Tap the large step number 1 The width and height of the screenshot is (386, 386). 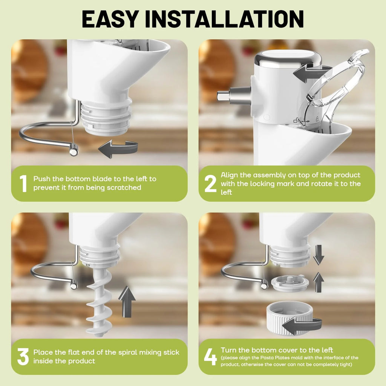pyautogui.click(x=23, y=184)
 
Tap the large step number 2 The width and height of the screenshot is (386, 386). pyautogui.click(x=210, y=184)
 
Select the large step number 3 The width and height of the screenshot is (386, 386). pyautogui.click(x=23, y=357)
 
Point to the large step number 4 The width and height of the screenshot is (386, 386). pyautogui.click(x=210, y=357)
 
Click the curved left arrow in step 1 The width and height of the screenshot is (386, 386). pyautogui.click(x=118, y=149)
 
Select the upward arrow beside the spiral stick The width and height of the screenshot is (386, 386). pyautogui.click(x=127, y=302)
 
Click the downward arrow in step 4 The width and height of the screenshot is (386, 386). pyautogui.click(x=319, y=255)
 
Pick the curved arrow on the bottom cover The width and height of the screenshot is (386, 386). pyautogui.click(x=302, y=325)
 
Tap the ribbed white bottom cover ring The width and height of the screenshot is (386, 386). pyautogui.click(x=291, y=318)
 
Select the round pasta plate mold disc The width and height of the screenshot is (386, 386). pyautogui.click(x=290, y=283)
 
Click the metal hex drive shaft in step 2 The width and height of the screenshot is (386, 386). pyautogui.click(x=234, y=95)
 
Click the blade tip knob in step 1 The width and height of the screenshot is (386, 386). pyautogui.click(x=74, y=151)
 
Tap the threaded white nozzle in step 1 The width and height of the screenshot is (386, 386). pyautogui.click(x=106, y=118)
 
